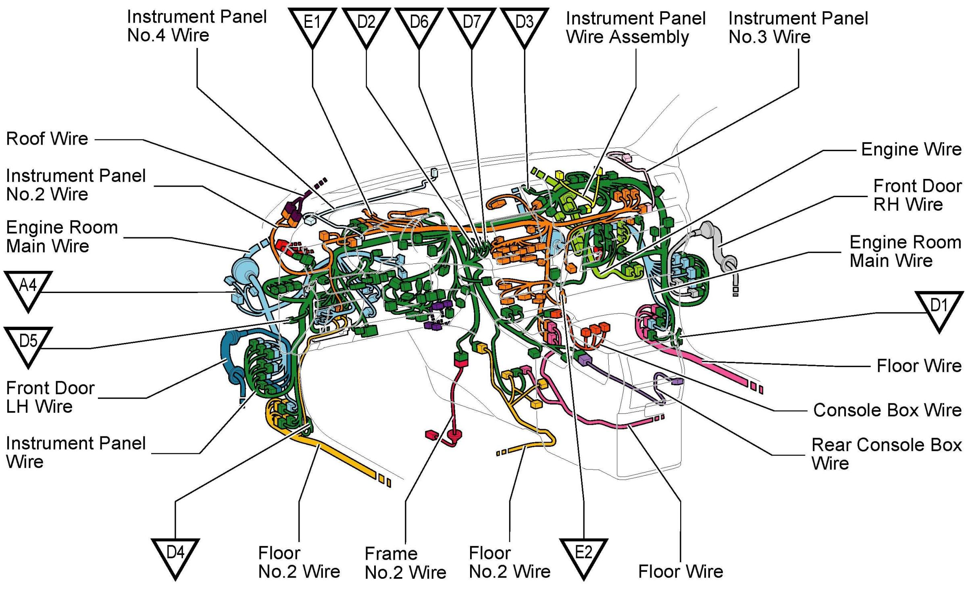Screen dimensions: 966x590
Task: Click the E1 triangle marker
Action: (312, 25)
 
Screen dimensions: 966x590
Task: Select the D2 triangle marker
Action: (366, 25)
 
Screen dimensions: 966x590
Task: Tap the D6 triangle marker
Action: (419, 25)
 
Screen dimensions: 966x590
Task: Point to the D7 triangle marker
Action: (472, 25)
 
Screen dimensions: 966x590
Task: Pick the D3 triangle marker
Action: (524, 25)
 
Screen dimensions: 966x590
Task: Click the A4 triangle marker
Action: (28, 289)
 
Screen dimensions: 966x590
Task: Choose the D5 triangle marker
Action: (28, 345)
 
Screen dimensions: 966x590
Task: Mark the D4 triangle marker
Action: (175, 556)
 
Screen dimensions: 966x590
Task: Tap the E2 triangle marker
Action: (583, 556)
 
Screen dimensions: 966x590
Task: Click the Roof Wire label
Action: (47, 139)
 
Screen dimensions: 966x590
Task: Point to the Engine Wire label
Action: (912, 150)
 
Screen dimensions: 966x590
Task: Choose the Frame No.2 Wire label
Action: (405, 563)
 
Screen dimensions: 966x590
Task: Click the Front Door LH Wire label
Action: (50, 397)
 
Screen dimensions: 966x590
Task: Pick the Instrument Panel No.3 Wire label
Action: (798, 27)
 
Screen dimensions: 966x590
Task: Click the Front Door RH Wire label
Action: (918, 195)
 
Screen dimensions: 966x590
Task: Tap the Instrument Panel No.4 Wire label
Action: (197, 26)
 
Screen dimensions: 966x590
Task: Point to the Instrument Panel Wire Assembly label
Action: (636, 27)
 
